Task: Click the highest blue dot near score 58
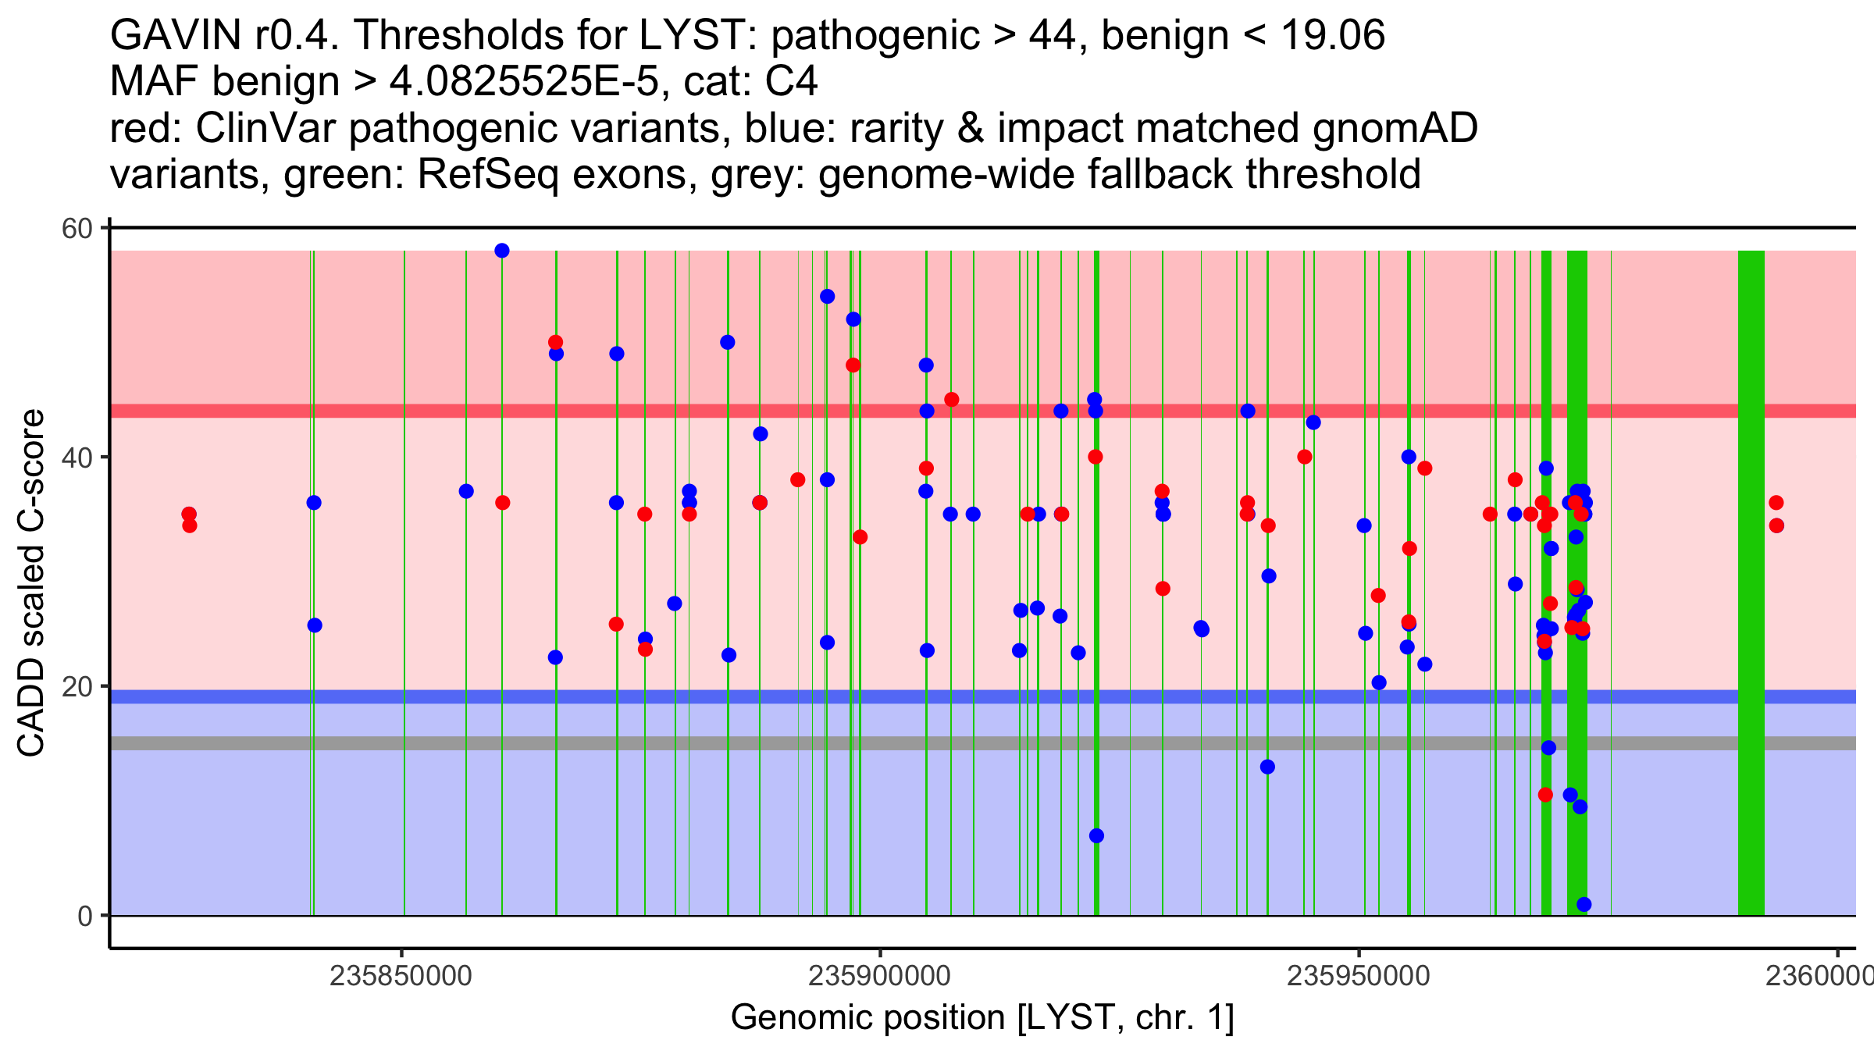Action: click(502, 251)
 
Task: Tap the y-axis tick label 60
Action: click(77, 229)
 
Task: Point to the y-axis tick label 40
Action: click(77, 458)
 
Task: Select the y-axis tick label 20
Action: click(77, 687)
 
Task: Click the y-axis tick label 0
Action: click(84, 916)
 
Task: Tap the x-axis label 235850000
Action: click(401, 976)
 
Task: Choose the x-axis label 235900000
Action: click(879, 976)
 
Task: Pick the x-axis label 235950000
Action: click(1358, 976)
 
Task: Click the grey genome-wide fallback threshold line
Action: click(937, 743)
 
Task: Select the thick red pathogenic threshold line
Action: click(937, 411)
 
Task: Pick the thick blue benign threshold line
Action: click(937, 696)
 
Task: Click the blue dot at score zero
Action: click(1584, 905)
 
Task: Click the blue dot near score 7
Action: click(1096, 836)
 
